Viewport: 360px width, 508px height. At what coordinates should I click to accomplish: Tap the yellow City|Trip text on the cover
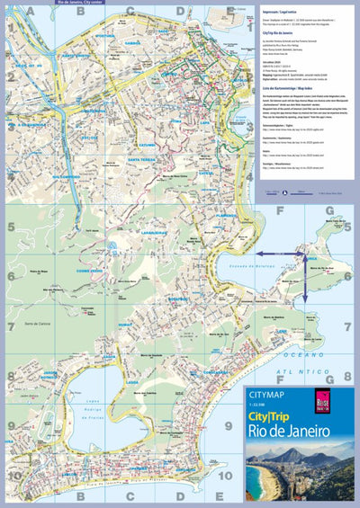coord(276,417)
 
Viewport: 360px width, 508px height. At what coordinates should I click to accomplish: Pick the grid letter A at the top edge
coord(31,11)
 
